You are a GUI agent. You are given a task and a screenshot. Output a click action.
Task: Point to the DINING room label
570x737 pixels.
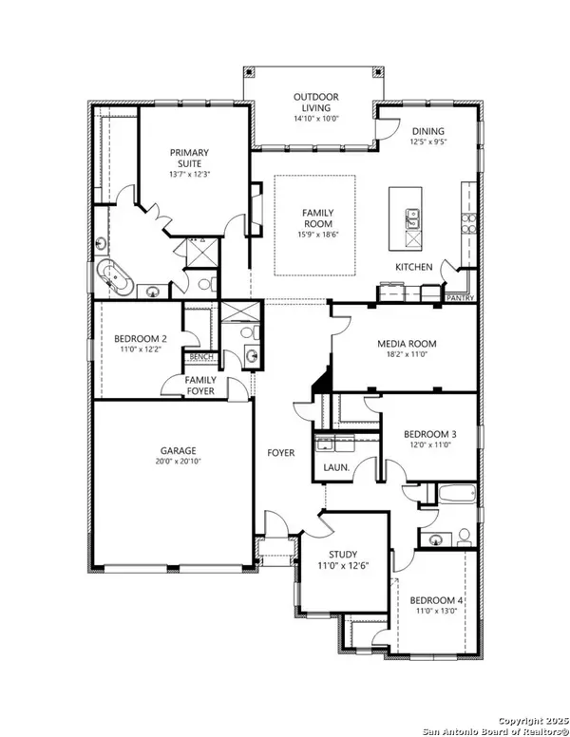(x=428, y=131)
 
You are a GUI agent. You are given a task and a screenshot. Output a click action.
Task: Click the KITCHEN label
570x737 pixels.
(x=414, y=267)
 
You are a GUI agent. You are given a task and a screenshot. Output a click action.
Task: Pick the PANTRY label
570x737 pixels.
(x=459, y=297)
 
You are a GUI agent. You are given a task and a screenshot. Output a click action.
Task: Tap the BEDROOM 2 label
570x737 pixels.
(x=141, y=338)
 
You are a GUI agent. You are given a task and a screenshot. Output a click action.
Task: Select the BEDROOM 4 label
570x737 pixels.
(x=436, y=601)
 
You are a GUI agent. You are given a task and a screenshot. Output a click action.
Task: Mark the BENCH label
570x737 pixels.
(x=201, y=357)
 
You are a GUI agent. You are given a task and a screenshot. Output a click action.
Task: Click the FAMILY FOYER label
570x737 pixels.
(x=199, y=386)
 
